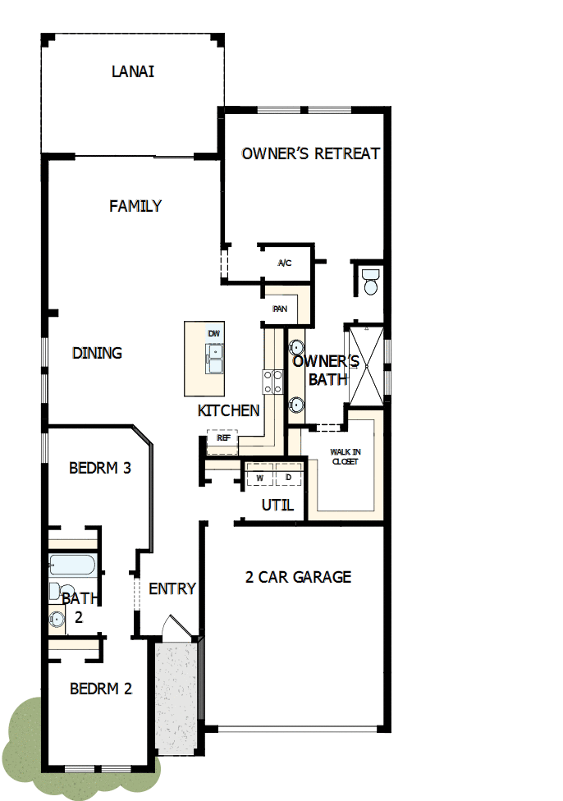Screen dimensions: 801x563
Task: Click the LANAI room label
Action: (x=133, y=71)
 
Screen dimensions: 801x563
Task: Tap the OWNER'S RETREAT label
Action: (x=311, y=153)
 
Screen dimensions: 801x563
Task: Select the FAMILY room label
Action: (x=135, y=206)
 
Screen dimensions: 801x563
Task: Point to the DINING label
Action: (x=97, y=353)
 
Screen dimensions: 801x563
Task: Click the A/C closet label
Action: (x=285, y=263)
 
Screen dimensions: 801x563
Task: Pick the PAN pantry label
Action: (x=280, y=309)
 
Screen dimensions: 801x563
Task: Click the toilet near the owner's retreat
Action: (x=370, y=281)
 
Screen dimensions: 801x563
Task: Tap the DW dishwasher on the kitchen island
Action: (x=213, y=333)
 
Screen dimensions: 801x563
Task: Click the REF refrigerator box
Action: (x=222, y=438)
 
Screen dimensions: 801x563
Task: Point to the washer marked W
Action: (x=259, y=477)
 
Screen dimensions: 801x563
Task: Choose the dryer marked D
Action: (x=288, y=477)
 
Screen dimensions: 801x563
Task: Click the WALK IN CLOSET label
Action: (x=344, y=456)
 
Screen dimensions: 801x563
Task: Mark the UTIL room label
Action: (x=277, y=505)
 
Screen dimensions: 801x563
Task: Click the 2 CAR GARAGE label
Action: (x=298, y=577)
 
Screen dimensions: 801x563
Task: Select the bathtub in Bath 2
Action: (x=71, y=565)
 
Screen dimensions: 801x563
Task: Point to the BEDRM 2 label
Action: (x=100, y=689)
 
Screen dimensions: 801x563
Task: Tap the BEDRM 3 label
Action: (x=100, y=469)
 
